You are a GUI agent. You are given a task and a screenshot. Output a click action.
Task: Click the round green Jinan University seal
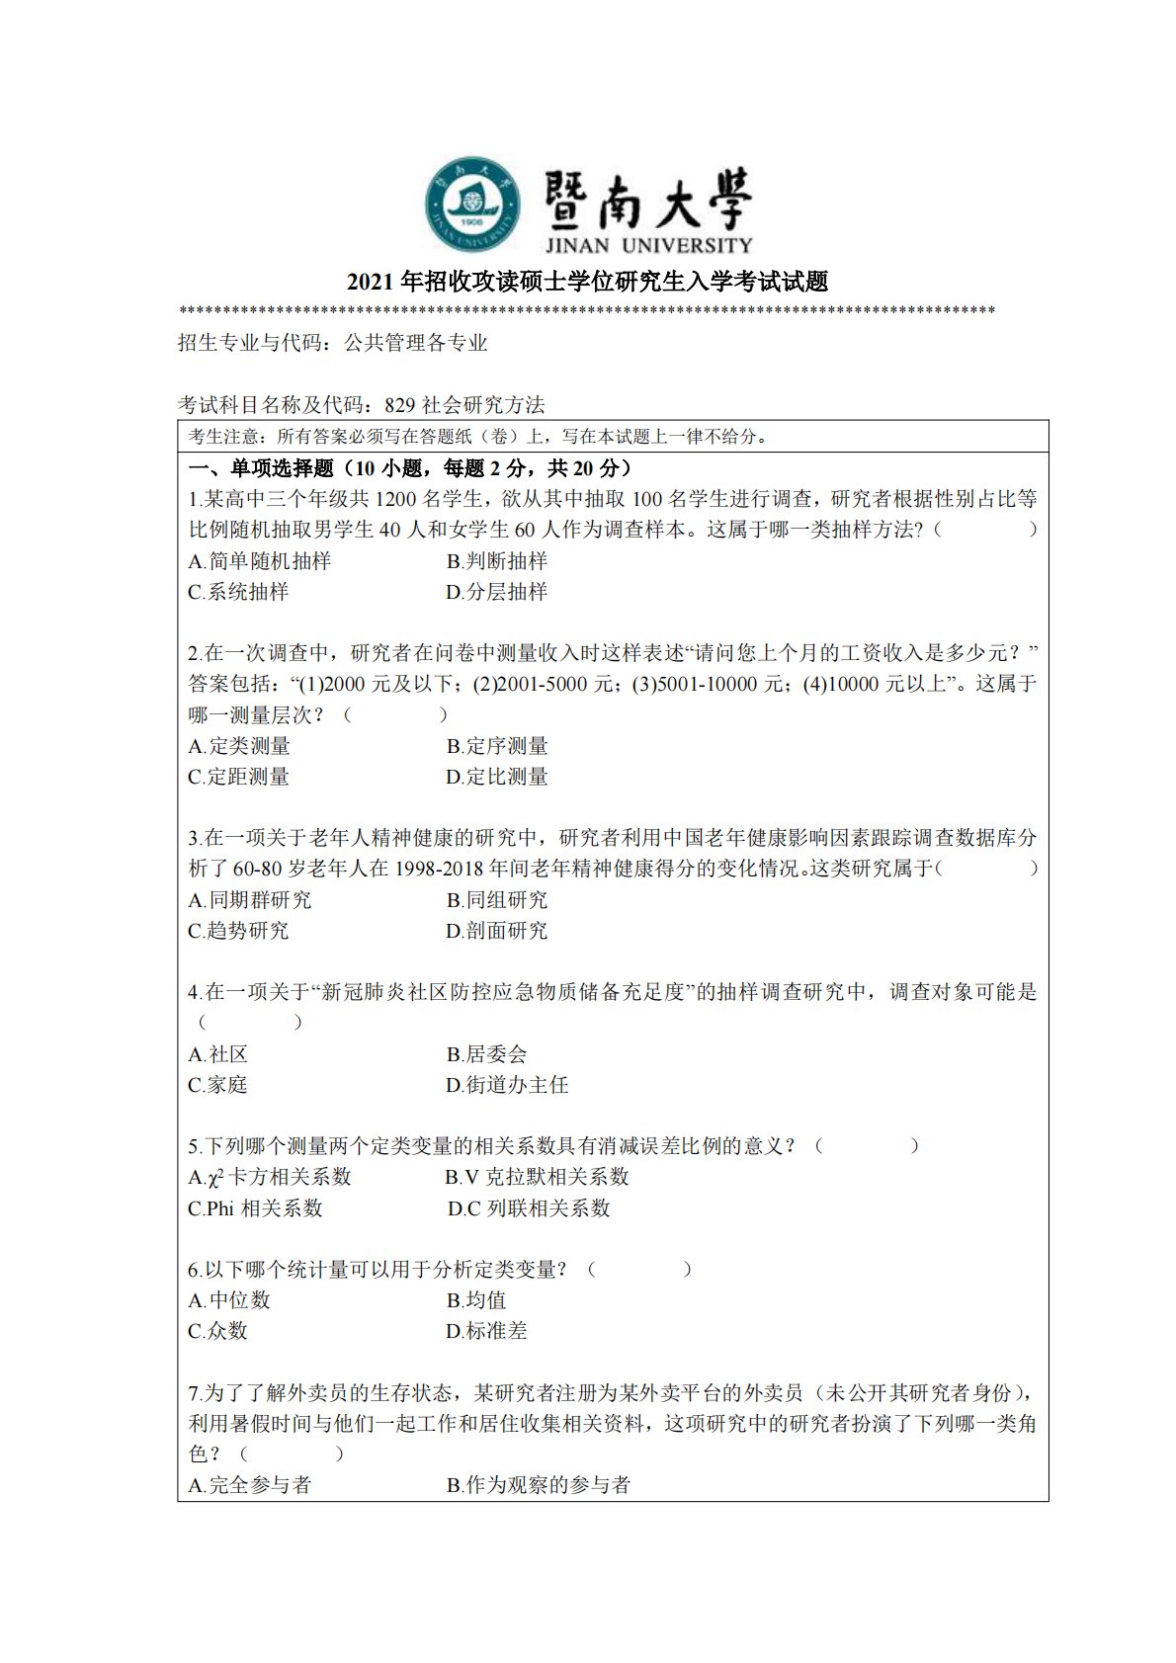[x=473, y=205]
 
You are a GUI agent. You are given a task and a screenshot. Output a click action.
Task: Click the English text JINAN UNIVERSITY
[x=647, y=245]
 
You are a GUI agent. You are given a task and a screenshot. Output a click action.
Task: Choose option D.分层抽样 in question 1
[x=496, y=592]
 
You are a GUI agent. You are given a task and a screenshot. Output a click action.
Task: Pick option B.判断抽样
[x=496, y=561]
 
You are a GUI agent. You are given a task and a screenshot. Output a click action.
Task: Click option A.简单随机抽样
[x=259, y=561]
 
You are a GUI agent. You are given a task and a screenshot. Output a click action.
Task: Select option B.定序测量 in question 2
[x=496, y=746]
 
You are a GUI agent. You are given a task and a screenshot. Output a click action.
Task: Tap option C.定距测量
[x=238, y=777]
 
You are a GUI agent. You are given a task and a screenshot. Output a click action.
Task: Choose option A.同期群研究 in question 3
[x=249, y=900]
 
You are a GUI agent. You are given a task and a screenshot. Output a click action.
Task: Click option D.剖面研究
[x=496, y=931]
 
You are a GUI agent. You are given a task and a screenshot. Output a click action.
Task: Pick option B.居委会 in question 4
[x=486, y=1054]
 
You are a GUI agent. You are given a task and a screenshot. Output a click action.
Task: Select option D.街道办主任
[x=507, y=1085]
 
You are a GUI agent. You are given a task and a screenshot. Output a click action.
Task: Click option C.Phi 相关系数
[x=255, y=1208]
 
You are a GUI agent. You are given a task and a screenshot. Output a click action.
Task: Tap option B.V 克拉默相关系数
[x=537, y=1177]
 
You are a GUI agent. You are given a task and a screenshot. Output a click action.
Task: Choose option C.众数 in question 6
[x=217, y=1331]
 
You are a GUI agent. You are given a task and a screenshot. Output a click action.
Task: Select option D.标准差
[x=486, y=1331]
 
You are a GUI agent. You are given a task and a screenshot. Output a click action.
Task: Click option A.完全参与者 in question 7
[x=249, y=1485]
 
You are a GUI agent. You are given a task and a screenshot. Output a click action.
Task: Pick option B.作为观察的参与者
[x=538, y=1485]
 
